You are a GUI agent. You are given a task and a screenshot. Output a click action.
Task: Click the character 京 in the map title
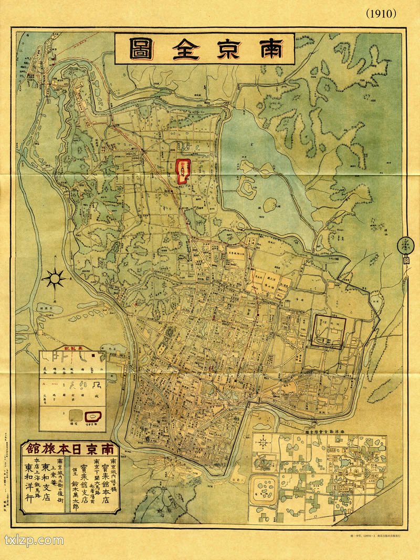pos(226,49)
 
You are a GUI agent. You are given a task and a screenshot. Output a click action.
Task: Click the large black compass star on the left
pos(55,277)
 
